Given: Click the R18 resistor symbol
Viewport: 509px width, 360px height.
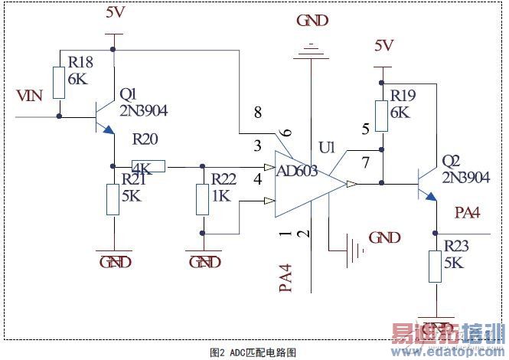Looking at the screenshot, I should tap(59, 82).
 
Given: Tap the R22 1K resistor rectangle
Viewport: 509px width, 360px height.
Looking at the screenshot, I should tap(202, 200).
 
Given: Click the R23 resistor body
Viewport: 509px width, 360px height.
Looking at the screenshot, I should tap(436, 269).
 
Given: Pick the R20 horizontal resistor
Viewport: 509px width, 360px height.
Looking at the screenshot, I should tap(148, 166).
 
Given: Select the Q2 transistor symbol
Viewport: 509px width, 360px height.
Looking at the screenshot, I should tap(426, 184).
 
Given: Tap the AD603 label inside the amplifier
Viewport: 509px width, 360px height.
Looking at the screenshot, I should tap(297, 171).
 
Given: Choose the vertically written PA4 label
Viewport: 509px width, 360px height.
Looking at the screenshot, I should tap(285, 278).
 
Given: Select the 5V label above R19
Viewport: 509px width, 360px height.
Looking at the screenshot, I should tap(383, 45).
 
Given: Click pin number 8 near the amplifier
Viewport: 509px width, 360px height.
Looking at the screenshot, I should tap(258, 113).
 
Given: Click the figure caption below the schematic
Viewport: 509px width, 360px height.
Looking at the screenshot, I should tap(253, 352).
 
